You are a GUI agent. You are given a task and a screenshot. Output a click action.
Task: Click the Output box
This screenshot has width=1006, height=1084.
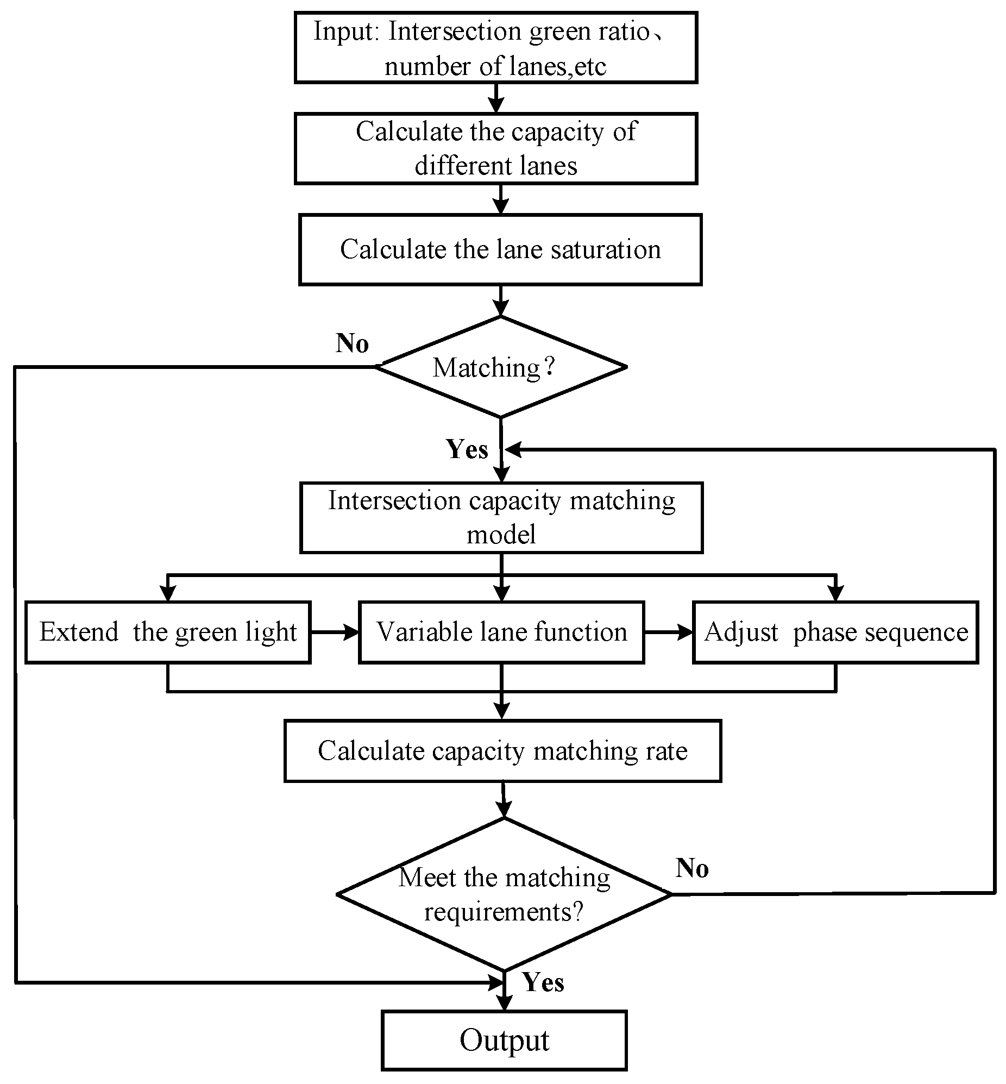[x=504, y=1040]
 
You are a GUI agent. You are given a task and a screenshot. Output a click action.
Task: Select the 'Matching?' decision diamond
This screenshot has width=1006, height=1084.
[x=501, y=367]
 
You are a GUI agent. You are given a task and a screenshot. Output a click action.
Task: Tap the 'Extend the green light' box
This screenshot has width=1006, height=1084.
[x=168, y=632]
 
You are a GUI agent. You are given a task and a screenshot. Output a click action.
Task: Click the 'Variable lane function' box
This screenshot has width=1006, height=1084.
[x=501, y=632]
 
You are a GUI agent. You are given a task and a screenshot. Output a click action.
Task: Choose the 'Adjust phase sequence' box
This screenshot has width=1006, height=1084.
[x=835, y=632]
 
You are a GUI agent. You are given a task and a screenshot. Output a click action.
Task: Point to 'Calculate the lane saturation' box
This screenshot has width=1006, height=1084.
[x=500, y=249]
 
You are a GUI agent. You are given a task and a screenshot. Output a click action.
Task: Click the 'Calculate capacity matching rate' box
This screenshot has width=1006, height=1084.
[x=502, y=751]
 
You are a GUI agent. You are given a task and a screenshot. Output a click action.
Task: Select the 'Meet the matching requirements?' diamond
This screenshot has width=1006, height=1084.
[x=504, y=894]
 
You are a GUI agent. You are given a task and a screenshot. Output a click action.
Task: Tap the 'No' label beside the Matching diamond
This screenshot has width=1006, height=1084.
[x=351, y=343]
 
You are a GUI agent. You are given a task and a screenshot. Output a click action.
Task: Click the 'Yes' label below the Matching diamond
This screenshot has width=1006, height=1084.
[x=467, y=449]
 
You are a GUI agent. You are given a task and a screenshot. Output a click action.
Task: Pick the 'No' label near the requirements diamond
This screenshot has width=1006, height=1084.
[x=692, y=868]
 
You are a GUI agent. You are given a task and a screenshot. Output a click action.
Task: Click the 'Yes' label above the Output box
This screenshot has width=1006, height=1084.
[x=543, y=982]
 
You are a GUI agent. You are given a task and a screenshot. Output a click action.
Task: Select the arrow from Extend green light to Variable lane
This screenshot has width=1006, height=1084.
[x=335, y=632]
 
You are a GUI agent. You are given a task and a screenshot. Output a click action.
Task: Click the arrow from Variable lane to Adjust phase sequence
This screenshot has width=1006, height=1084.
[x=669, y=632]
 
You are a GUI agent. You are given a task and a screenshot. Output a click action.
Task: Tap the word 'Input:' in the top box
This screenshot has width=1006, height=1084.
[x=345, y=31]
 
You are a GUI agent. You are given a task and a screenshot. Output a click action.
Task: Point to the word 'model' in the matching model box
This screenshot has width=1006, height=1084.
[x=501, y=534]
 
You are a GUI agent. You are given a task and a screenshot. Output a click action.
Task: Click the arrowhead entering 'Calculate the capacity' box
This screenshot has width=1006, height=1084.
[x=496, y=105]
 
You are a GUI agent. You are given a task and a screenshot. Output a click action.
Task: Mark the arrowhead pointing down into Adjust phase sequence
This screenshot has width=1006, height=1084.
[x=835, y=593]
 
